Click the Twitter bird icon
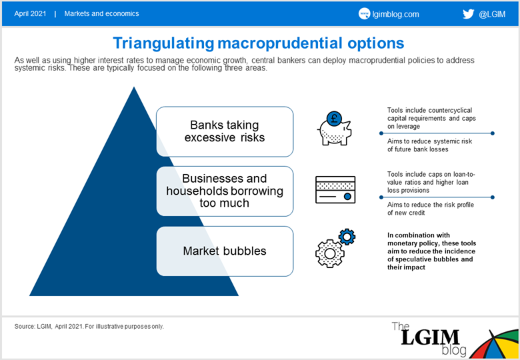click(468, 14)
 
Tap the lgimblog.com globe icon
click(364, 14)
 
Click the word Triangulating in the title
click(164, 44)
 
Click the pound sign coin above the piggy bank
click(334, 119)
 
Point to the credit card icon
click(335, 189)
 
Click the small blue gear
click(347, 237)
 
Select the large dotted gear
click(329, 253)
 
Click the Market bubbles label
click(225, 251)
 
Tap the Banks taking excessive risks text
click(225, 131)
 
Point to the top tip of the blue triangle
click(134, 87)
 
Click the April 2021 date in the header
click(30, 14)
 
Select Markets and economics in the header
click(101, 13)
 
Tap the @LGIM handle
click(492, 14)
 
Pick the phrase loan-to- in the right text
click(464, 175)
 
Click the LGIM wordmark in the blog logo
click(430, 337)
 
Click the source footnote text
click(89, 327)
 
